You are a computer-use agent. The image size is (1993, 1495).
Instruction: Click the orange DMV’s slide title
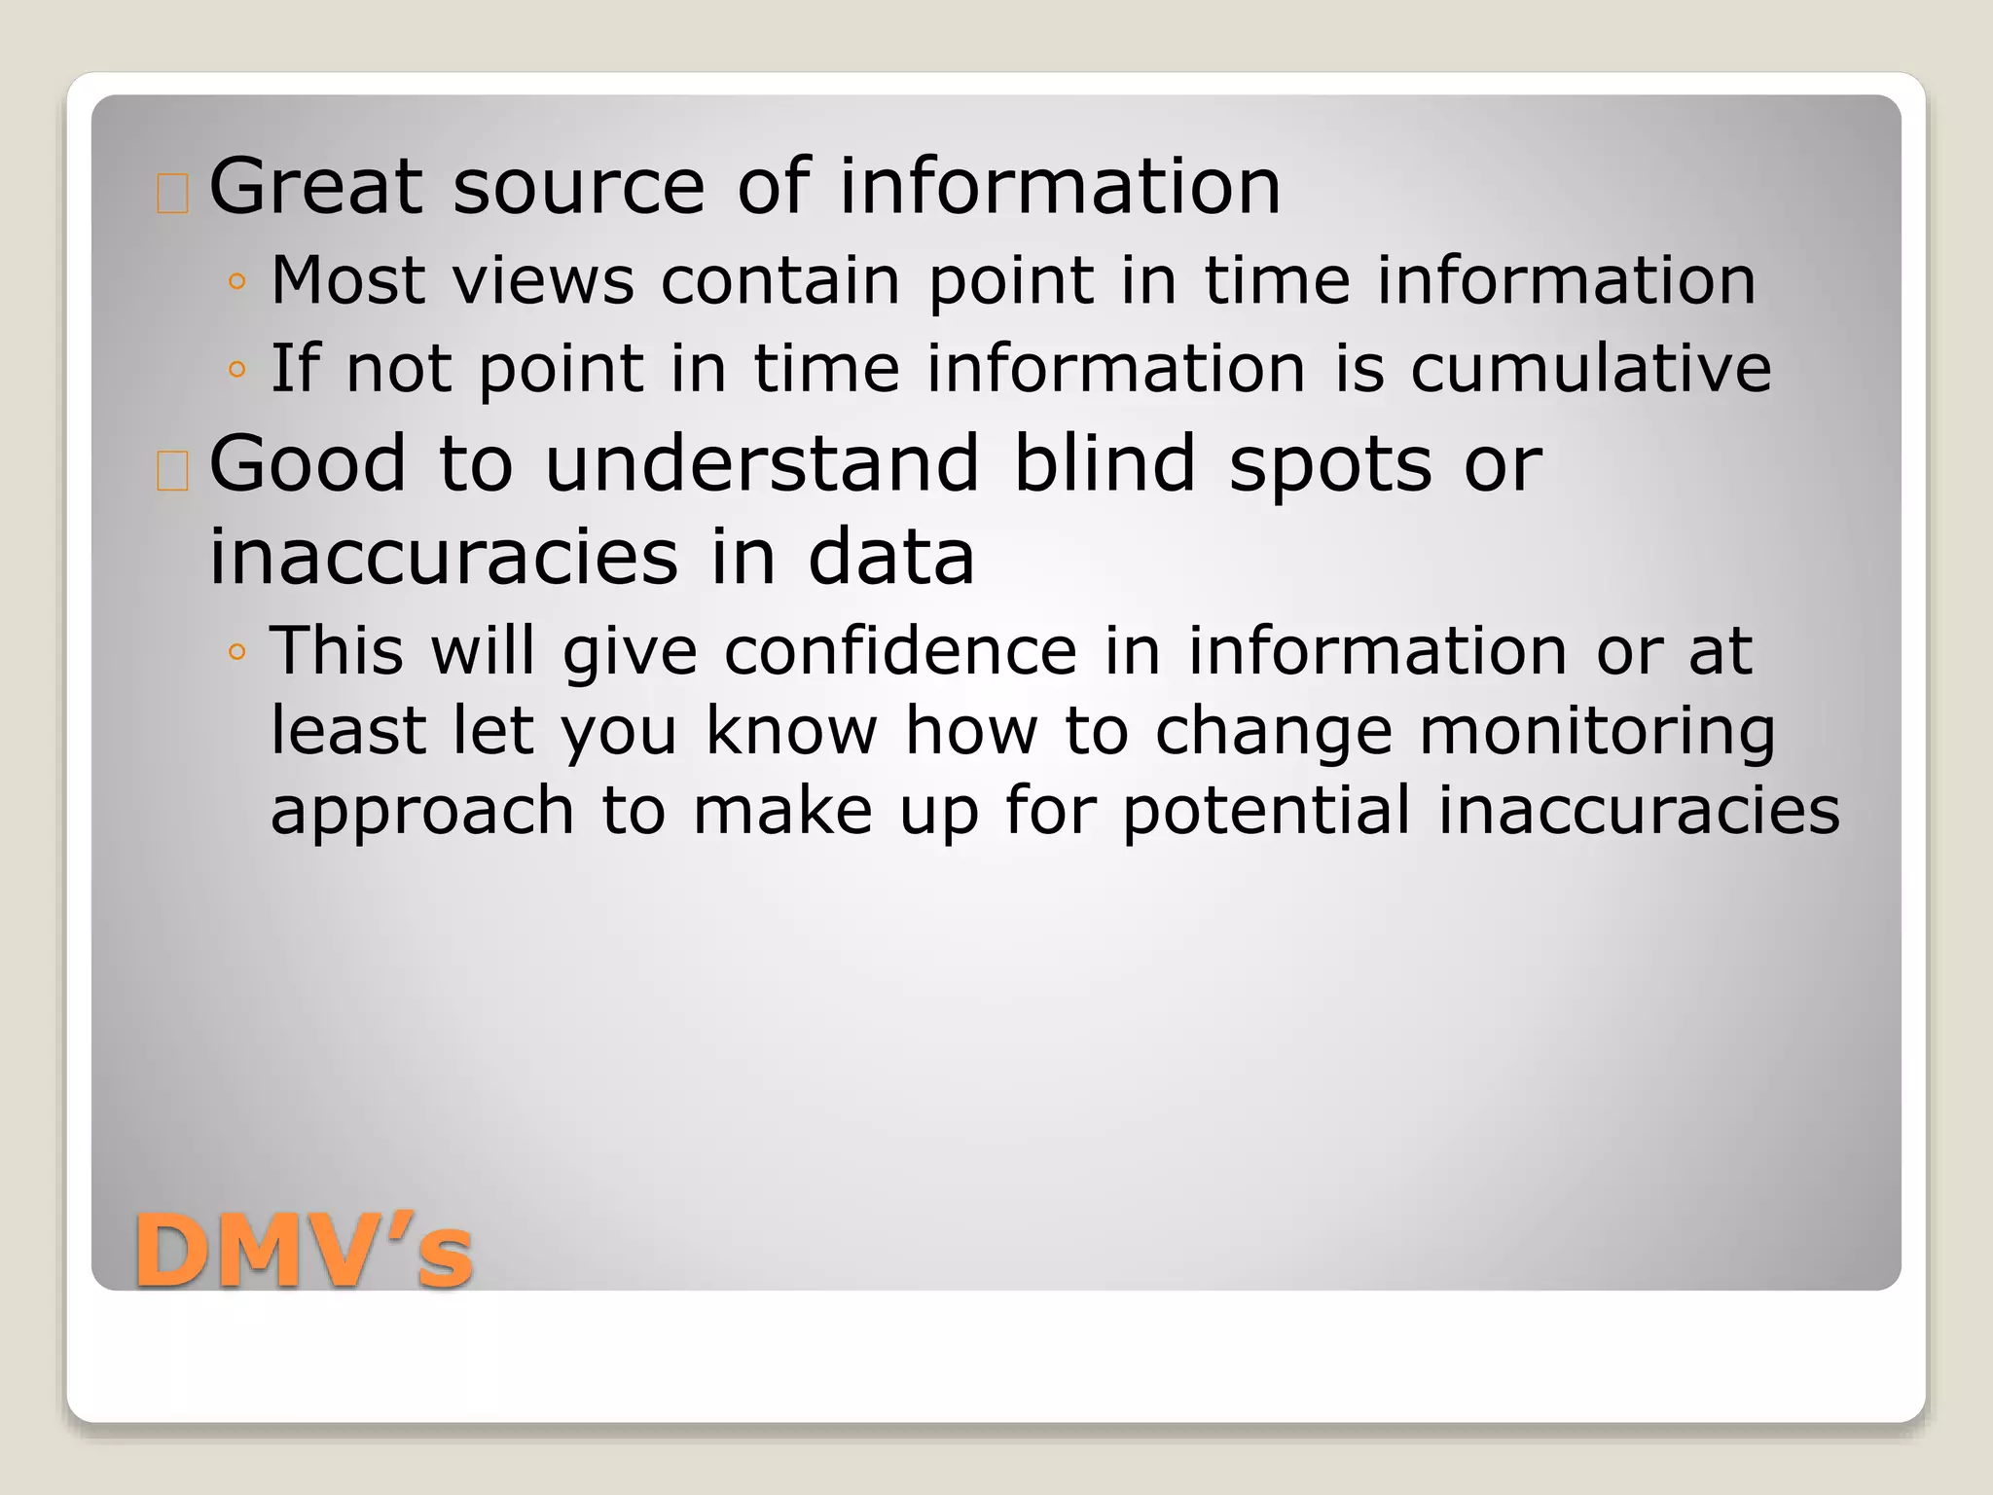(x=304, y=1253)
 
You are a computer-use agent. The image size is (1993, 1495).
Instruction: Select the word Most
(x=348, y=280)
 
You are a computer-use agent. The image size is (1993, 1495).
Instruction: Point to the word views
(x=544, y=280)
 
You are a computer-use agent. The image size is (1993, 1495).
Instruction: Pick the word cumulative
(x=1590, y=369)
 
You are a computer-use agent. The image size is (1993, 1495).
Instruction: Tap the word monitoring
(x=1597, y=732)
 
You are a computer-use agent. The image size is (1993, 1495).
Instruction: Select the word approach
(x=422, y=813)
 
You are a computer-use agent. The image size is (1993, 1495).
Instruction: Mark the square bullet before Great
(x=172, y=194)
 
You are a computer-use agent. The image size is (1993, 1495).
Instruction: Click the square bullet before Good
(x=172, y=472)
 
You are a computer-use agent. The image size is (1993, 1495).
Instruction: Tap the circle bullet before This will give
(x=236, y=652)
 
